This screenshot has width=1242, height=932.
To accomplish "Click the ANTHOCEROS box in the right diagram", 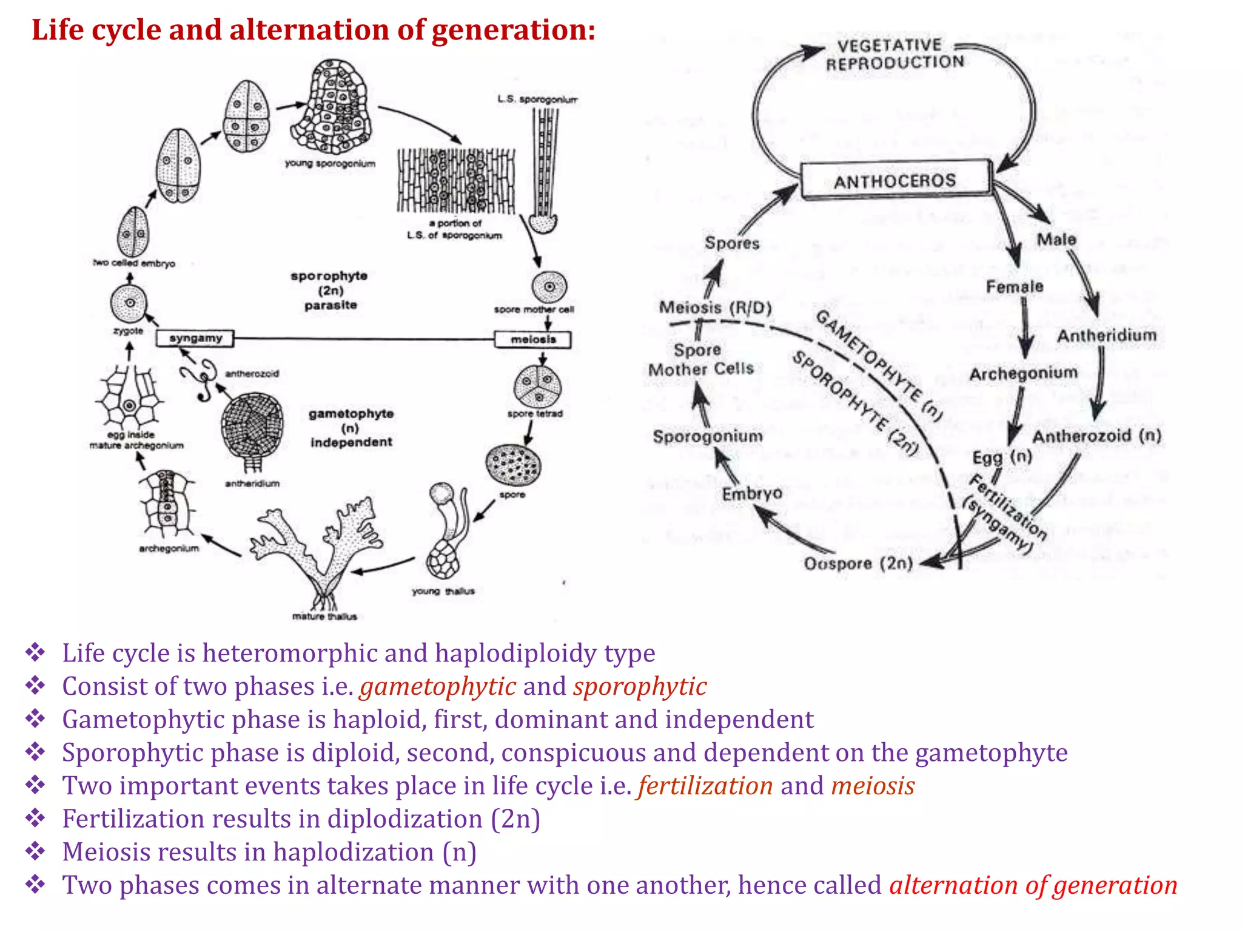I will point(896,180).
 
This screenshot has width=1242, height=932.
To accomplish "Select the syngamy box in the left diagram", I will point(195,338).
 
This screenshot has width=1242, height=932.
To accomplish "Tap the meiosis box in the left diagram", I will point(533,339).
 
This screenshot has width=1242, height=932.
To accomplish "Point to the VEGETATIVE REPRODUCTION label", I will point(894,54).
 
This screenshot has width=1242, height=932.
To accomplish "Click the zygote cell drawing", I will point(129,303).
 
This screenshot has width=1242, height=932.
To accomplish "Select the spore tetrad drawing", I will point(537,387).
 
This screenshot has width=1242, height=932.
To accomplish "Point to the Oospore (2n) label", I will point(858,564).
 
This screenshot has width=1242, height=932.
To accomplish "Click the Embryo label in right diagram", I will point(751,494).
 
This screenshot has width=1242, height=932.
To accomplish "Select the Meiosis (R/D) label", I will point(715,308).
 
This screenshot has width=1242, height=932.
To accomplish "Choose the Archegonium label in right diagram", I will point(1022,374).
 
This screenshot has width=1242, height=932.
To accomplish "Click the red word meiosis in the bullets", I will point(872,786).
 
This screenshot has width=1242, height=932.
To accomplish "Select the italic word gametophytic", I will point(438,686).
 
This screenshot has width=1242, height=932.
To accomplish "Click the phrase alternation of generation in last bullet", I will point(1033,885).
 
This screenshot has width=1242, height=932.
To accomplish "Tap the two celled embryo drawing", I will point(133,232).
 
